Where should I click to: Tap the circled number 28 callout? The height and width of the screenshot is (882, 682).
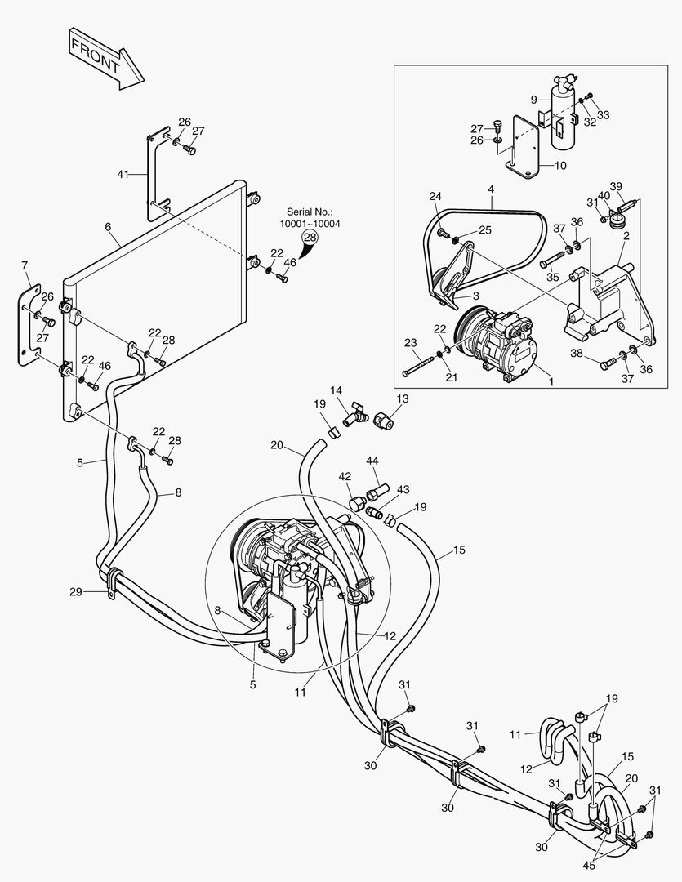click(x=310, y=237)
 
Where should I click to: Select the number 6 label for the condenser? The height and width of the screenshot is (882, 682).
click(x=107, y=229)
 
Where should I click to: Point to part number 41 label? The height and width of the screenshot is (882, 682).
click(x=123, y=174)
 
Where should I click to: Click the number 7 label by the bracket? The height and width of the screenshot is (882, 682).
click(x=25, y=265)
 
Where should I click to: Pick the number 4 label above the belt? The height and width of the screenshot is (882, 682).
click(x=491, y=190)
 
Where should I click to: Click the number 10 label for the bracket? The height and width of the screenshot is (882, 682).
click(x=559, y=165)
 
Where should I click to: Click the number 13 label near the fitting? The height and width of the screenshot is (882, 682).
click(x=402, y=398)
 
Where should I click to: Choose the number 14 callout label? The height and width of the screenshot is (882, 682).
click(x=337, y=390)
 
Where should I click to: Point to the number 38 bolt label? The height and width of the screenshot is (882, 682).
click(x=577, y=354)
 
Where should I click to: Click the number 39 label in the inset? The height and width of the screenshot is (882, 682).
click(x=616, y=185)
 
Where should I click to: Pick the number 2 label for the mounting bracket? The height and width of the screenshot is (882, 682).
click(x=626, y=235)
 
